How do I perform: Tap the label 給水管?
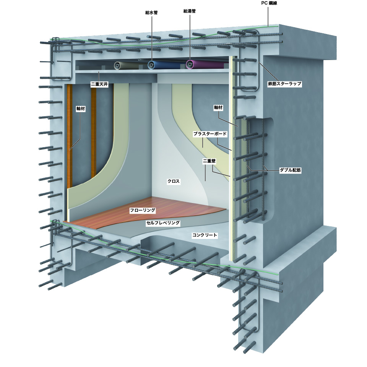(151, 12)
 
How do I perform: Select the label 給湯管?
(189, 11)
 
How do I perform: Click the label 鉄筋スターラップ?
(285, 83)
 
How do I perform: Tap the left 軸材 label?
(80, 108)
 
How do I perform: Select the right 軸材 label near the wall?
(218, 108)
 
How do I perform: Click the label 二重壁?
(209, 161)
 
